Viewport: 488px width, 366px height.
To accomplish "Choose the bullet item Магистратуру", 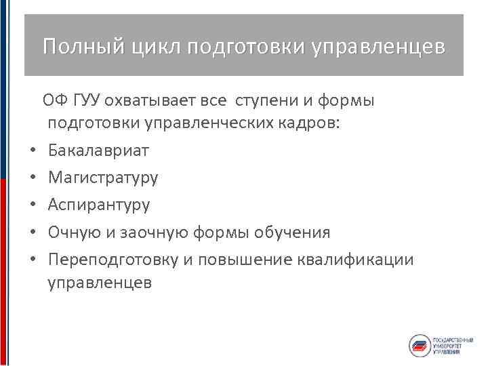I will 103,178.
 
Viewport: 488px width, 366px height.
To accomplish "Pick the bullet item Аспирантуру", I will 99,205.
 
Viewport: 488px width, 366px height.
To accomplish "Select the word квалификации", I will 365,260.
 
